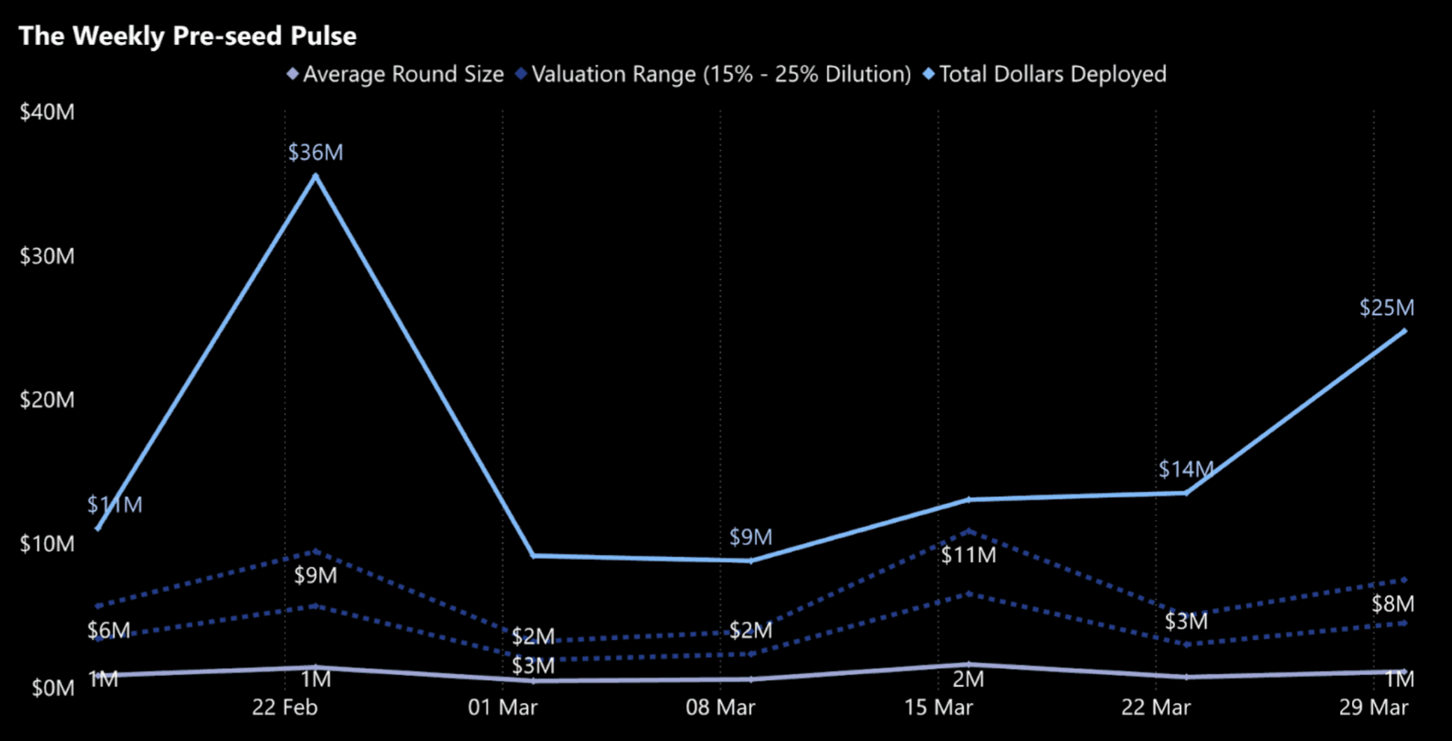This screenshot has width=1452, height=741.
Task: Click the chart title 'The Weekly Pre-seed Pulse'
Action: point(187,36)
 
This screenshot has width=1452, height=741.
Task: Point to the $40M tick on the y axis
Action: point(47,112)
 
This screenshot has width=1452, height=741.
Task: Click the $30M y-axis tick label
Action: point(47,256)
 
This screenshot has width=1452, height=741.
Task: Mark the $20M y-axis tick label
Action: point(47,400)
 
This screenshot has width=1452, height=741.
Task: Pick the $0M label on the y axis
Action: point(52,688)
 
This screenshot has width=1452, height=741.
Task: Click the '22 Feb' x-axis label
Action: point(285,707)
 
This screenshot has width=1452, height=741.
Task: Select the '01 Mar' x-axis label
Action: point(502,707)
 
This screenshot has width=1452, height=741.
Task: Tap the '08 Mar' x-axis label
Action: point(720,707)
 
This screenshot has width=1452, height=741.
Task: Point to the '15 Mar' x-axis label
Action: point(938,707)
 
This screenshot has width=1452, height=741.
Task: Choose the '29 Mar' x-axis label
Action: point(1374,707)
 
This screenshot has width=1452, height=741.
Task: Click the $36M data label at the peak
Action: point(315,152)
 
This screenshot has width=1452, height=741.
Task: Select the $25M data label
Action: point(1386,308)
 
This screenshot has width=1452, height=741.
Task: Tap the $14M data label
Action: point(1186,469)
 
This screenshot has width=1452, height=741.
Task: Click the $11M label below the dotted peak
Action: point(968,555)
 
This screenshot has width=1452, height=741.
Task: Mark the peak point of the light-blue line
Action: point(315,176)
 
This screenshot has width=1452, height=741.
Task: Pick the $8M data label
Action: point(1392,604)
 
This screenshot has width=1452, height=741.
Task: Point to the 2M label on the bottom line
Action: point(968,679)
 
